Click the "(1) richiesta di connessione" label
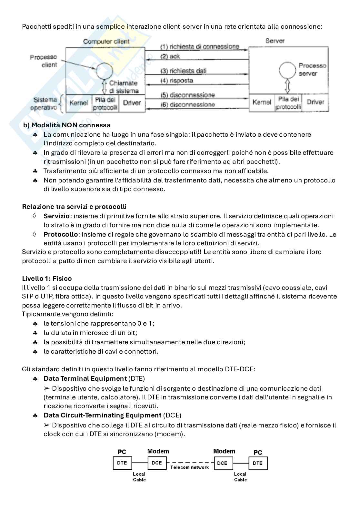[x=200, y=46]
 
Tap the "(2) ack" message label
[x=170, y=56]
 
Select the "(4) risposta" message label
[x=177, y=80]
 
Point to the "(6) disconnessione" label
[x=187, y=104]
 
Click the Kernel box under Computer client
[x=79, y=103]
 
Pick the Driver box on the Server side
[x=315, y=102]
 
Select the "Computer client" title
[x=106, y=41]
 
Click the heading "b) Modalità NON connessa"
[x=67, y=125]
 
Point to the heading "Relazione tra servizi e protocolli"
[x=74, y=207]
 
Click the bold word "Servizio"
[x=56, y=216]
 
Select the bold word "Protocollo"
[x=61, y=234]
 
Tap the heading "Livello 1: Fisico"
[x=47, y=279]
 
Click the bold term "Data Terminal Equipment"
[x=85, y=378]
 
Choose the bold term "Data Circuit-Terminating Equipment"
[x=102, y=415]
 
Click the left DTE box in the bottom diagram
[x=122, y=463]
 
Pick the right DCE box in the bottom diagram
[x=222, y=463]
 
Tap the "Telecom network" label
[x=189, y=467]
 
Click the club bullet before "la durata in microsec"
[x=35, y=333]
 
